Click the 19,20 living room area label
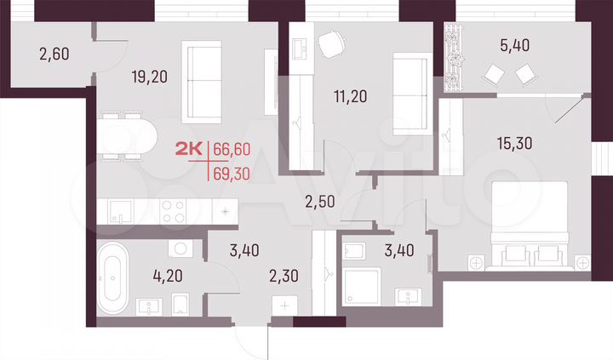[150, 77]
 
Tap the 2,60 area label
[54, 55]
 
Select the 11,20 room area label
[350, 95]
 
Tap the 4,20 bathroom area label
[144, 276]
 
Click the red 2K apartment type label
[188, 150]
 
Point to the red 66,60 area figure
[231, 149]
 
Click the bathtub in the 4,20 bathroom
[112, 278]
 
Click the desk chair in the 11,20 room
[331, 43]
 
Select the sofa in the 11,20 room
[411, 93]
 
